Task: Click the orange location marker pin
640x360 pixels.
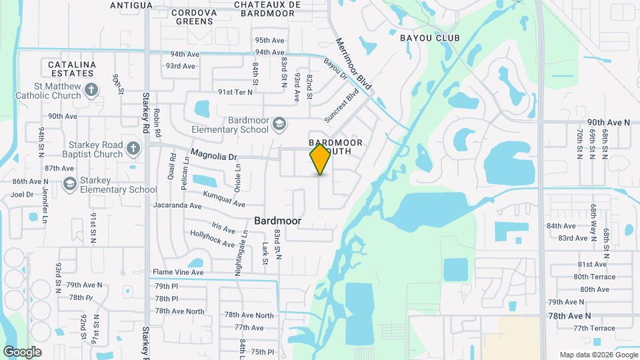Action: [x=321, y=159]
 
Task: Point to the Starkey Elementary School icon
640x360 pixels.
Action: [x=69, y=183]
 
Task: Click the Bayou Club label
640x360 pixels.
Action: [x=430, y=38]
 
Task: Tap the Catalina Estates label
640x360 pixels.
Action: [x=73, y=69]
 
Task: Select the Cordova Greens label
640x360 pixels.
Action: [x=195, y=17]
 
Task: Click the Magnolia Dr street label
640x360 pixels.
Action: [x=213, y=155]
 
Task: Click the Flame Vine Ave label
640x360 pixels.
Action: [x=178, y=272]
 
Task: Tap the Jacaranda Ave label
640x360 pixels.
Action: [x=177, y=206]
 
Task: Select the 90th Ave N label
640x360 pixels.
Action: [x=608, y=123]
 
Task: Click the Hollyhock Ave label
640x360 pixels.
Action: [x=213, y=238]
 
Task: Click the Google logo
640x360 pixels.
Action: [x=22, y=352]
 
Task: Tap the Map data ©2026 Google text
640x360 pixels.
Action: [x=597, y=355]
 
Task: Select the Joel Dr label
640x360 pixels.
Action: [x=22, y=195]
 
